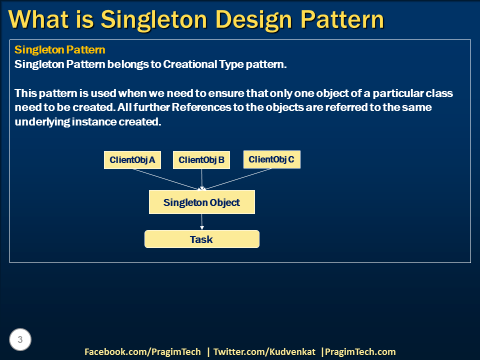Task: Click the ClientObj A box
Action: (132, 160)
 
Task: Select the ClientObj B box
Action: (201, 160)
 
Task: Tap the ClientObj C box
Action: (271, 159)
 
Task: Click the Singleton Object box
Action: (201, 202)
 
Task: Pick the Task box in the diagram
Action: (201, 239)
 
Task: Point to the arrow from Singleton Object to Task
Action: (202, 222)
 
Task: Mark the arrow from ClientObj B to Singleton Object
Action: (202, 179)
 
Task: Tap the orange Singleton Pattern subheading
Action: (59, 50)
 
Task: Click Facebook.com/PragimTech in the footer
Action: (142, 351)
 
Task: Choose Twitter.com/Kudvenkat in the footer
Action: (264, 351)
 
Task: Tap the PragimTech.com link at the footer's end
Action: (360, 351)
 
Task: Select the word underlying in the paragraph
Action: (39, 122)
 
